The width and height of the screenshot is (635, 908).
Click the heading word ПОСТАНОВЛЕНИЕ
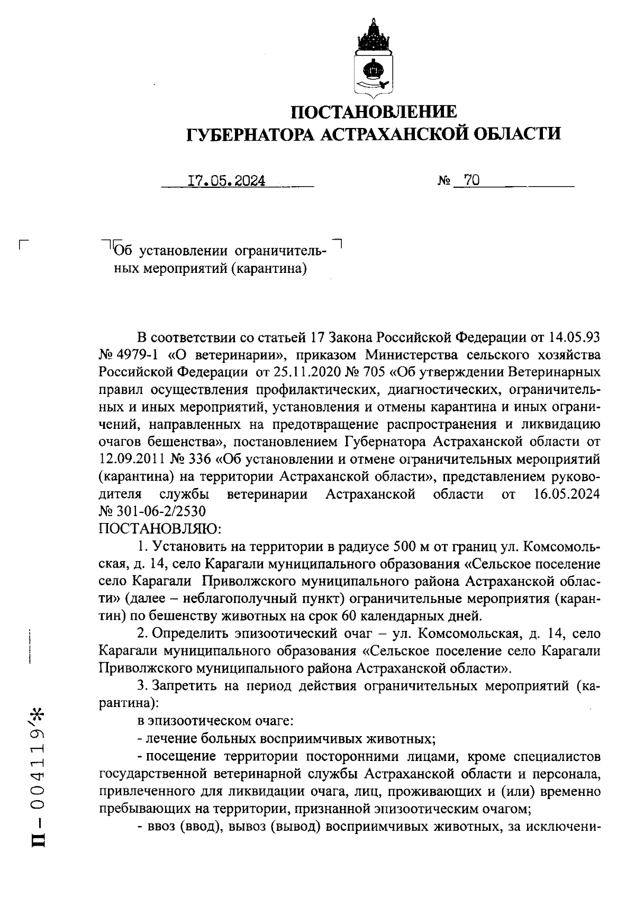(x=374, y=112)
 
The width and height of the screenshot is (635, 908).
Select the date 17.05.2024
(x=226, y=181)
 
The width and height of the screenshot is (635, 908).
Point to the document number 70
(x=471, y=181)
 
